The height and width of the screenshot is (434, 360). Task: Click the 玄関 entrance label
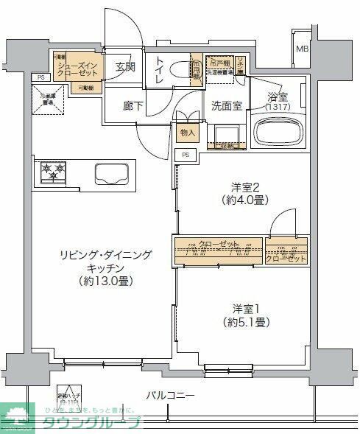125,67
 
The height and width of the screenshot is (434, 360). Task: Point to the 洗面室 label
227,105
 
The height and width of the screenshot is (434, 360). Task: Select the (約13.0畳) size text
107,281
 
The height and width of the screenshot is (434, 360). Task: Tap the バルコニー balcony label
170,396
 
